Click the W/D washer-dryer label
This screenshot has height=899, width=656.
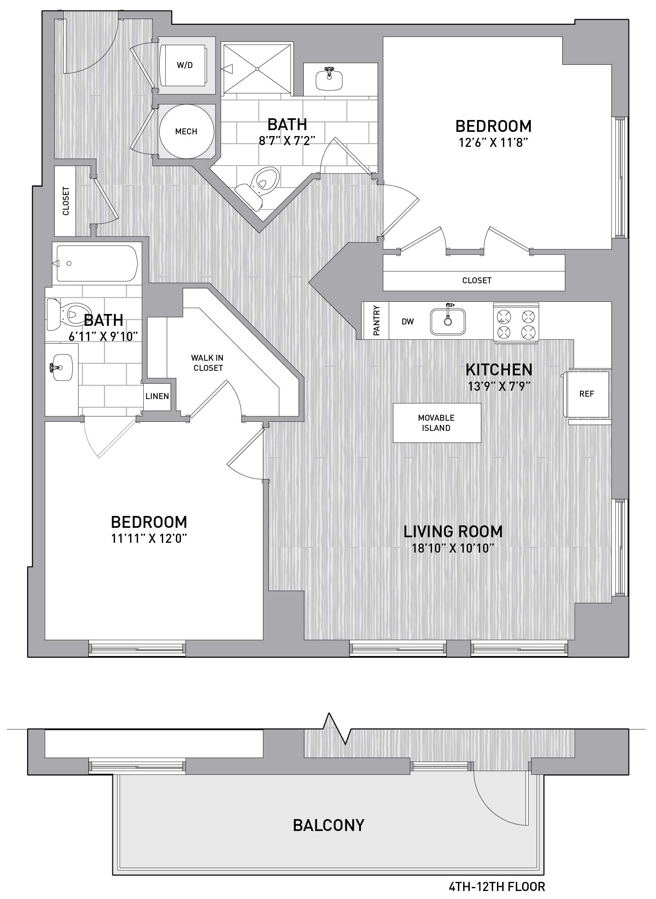[x=184, y=65]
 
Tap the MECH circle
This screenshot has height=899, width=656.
[x=186, y=131]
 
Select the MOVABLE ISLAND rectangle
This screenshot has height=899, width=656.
[x=437, y=423]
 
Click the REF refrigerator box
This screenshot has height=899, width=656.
[x=587, y=394]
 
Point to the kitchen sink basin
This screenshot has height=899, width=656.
[x=448, y=321]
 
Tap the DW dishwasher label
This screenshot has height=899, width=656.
[x=408, y=321]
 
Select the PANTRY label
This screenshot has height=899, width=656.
[x=376, y=320]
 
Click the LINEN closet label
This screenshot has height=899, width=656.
[x=157, y=396]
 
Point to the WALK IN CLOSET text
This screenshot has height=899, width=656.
[x=208, y=363]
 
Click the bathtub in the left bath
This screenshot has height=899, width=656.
[x=97, y=263]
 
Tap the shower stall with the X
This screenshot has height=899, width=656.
[x=257, y=69]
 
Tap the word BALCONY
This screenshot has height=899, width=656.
[x=329, y=822]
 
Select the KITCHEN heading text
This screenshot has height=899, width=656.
[x=499, y=370]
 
